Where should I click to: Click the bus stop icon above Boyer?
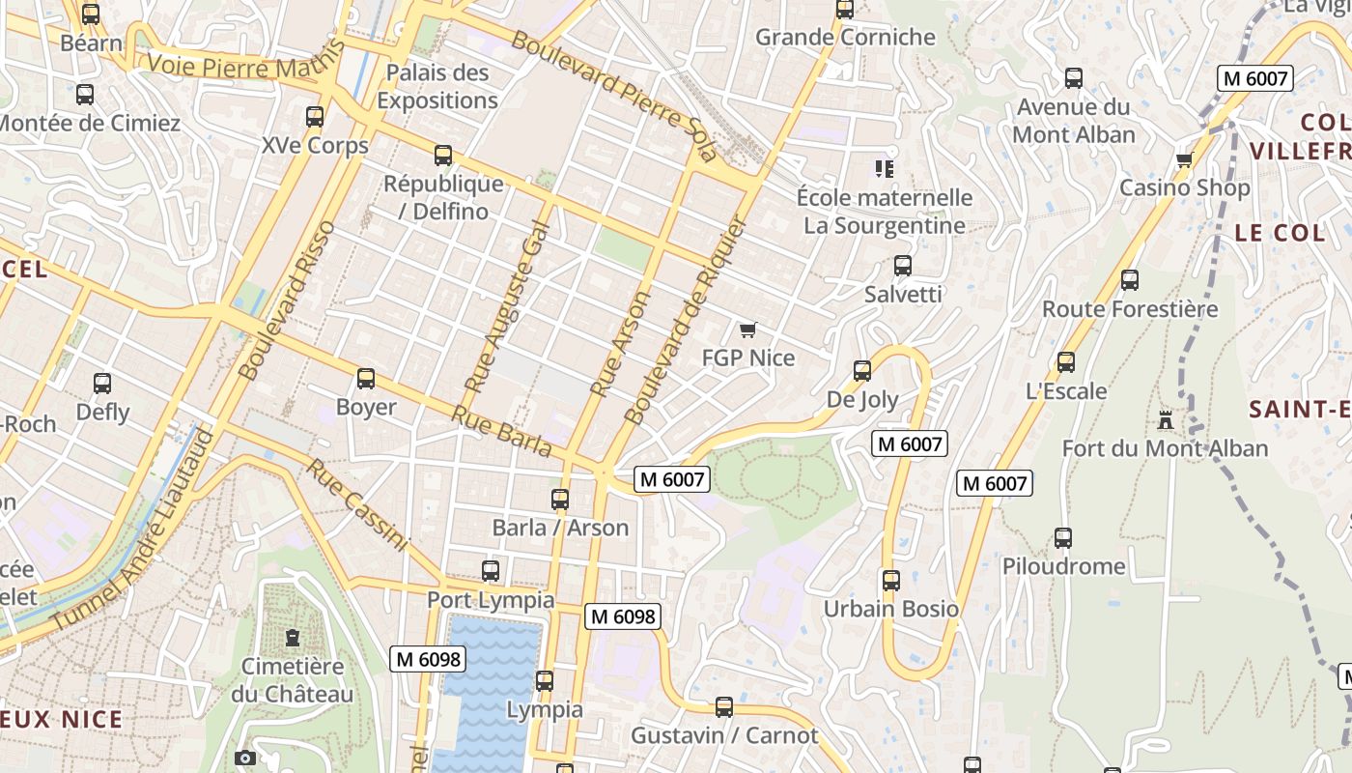pos(366,379)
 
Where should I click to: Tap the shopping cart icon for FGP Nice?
pos(747,330)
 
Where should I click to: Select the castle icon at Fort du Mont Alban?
pos(1166,420)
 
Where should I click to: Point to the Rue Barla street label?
pos(502,431)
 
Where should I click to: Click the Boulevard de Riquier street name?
pos(686,322)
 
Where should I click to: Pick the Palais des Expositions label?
pos(437,86)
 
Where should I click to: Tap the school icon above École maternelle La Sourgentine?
pos(884,169)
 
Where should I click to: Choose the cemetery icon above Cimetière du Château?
pos(292,638)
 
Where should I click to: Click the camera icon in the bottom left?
pos(245,758)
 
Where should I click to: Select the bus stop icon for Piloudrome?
pos(1063,538)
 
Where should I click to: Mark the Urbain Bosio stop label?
pos(890,609)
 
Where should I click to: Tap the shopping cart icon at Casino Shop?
pos(1185,159)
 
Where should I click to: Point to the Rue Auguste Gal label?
pos(506,307)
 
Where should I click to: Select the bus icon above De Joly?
pos(862,371)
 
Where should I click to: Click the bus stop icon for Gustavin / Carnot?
pos(724,707)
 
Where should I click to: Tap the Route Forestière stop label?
pos(1130,309)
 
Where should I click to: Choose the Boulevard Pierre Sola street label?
pos(614,95)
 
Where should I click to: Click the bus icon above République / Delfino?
pos(443,156)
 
